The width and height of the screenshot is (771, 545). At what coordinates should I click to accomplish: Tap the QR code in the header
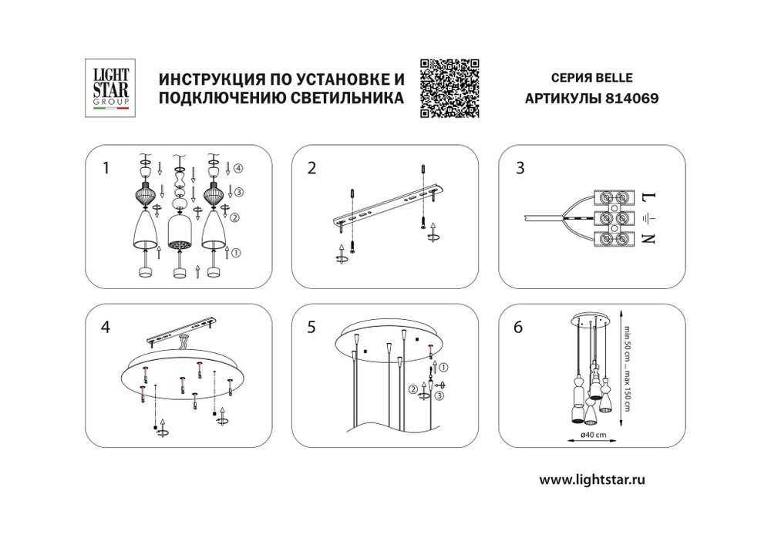[x=450, y=88]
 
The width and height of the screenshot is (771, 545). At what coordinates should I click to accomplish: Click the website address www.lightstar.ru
[x=592, y=479]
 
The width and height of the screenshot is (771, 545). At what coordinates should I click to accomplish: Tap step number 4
[x=106, y=327]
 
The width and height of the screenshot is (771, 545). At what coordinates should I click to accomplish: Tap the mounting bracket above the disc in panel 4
[x=182, y=329]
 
